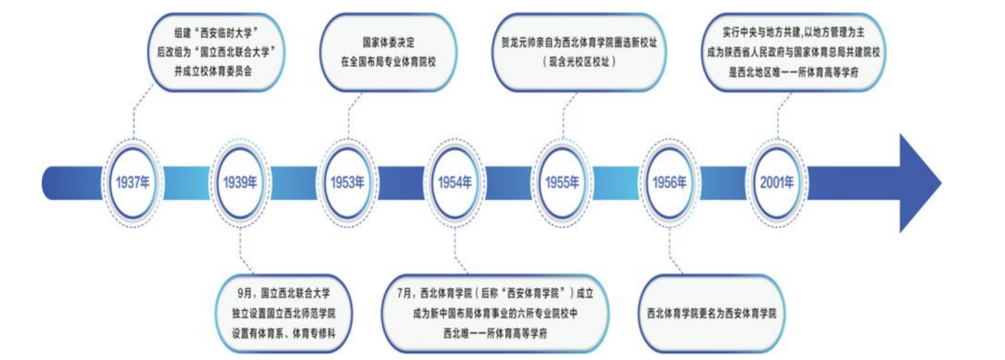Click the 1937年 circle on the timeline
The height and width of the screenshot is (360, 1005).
[134, 180]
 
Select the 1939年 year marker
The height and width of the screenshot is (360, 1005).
[240, 180]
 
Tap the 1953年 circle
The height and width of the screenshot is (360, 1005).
[347, 180]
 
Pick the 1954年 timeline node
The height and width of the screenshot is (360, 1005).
[454, 180]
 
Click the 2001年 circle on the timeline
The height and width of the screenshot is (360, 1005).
[776, 180]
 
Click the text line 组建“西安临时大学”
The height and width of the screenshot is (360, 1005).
[217, 27]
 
